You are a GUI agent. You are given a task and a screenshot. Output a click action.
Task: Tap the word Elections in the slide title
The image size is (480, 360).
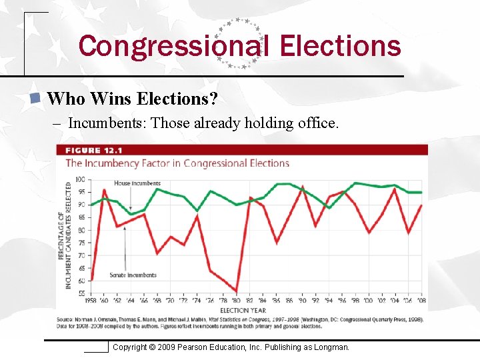tap(341, 47)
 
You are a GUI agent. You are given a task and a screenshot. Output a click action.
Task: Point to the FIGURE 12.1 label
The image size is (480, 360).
tap(93, 151)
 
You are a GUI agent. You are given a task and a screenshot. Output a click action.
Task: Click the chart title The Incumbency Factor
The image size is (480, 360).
tap(177, 163)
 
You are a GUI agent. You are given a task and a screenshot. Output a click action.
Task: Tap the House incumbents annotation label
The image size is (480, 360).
tap(137, 183)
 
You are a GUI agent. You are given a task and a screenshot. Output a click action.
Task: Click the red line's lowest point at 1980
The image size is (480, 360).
tap(237, 291)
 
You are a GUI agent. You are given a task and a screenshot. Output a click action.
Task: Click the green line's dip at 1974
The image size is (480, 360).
tap(197, 211)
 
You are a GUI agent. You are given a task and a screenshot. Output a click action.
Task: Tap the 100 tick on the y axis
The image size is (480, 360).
tap(80, 179)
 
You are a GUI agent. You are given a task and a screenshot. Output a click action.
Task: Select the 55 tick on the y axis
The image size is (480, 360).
tap(81, 293)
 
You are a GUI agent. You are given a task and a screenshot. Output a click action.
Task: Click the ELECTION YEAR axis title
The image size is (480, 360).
tap(243, 310)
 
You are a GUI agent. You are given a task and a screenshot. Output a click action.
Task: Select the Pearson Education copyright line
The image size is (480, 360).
tap(231, 347)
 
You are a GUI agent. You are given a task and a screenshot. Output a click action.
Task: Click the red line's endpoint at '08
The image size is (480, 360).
tap(421, 205)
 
